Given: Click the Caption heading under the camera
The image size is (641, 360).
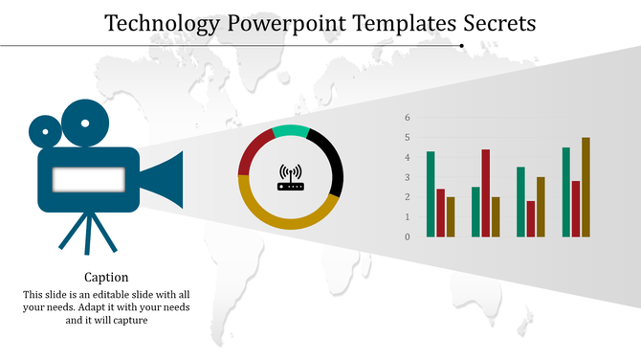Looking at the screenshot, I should click(106, 278).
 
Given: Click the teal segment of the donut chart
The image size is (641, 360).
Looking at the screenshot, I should click(291, 131).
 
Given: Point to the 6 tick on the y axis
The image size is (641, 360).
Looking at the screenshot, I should click(408, 118).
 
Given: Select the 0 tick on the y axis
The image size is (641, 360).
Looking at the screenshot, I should click(408, 236).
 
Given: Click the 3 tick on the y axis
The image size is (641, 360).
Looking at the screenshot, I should click(408, 177).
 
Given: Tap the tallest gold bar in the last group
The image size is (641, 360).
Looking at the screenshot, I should click(586, 187).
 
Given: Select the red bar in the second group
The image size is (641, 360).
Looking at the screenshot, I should click(486, 192).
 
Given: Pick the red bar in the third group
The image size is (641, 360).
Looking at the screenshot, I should click(531, 218).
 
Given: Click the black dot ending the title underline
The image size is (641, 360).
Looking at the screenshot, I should click(462, 45).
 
